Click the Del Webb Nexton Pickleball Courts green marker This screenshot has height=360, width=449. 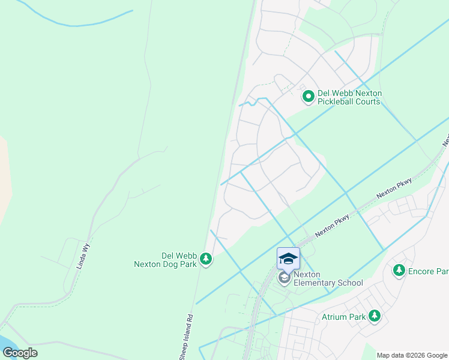(308, 96)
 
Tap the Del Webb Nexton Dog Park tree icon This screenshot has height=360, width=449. (206, 259)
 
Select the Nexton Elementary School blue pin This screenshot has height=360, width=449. (288, 260)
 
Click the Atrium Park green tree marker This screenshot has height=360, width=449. (375, 315)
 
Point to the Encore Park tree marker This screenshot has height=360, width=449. (399, 271)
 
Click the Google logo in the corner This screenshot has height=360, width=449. (20, 353)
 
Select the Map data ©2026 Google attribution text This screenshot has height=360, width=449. (411, 355)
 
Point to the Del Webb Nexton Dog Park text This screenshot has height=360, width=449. (164, 259)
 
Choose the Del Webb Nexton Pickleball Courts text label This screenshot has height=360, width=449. (349, 97)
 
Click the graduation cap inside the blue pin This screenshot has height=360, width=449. (288, 259)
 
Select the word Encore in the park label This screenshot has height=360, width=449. (421, 271)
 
